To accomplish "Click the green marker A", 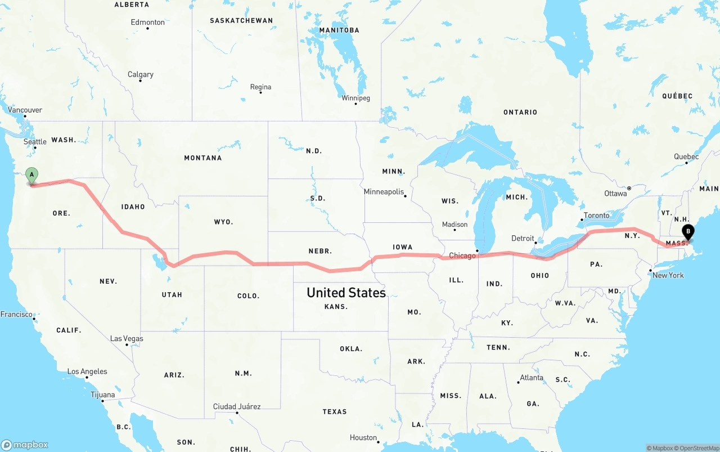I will (x=32, y=175).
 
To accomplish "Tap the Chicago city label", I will (x=462, y=256).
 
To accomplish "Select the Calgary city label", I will (x=140, y=74).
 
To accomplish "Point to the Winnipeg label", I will (x=355, y=98).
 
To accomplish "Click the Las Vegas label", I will (x=127, y=338).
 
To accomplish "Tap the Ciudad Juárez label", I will (x=237, y=406).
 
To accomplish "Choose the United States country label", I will (x=346, y=293).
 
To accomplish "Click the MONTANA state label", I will (x=203, y=158).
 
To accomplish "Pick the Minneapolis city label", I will (x=384, y=192).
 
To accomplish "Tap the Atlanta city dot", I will (x=518, y=383).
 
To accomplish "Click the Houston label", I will (x=363, y=437).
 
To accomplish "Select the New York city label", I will (x=668, y=275).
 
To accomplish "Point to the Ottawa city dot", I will (x=629, y=188).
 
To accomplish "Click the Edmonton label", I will (x=147, y=23).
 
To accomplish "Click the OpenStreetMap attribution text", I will (x=697, y=448).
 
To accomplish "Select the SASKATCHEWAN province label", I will (x=241, y=21).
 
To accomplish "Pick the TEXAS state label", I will (x=335, y=412).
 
